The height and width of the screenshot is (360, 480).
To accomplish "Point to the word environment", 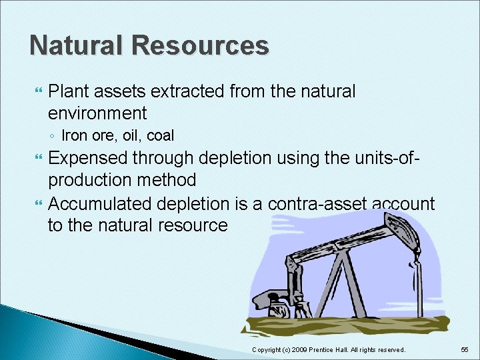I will pos(97,112).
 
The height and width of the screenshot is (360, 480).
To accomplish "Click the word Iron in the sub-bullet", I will pos(74,136).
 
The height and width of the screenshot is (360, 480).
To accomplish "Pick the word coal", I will pos(160,136).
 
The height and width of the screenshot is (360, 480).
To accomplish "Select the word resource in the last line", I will pos(194,225).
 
